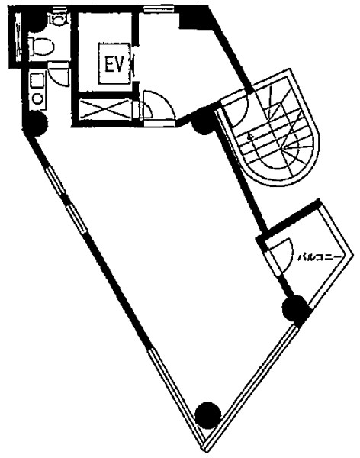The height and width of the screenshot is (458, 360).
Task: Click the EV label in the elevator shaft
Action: coord(114,64)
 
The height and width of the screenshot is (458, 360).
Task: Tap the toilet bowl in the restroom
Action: coord(42,47)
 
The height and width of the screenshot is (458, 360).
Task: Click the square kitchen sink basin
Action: coord(37,80)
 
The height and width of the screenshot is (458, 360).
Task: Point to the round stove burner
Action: coord(37,98)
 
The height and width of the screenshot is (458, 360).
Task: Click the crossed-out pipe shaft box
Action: coord(104,109)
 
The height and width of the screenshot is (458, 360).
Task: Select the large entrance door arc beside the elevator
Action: coord(159,105)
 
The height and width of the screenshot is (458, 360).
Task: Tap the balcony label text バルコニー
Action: coord(320,258)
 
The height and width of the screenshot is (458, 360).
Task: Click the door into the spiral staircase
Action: coord(237,109)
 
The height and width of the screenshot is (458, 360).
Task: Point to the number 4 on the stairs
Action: coord(249,136)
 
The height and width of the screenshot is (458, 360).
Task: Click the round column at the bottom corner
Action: coord(208,415)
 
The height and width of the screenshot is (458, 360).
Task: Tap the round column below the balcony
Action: coord(296,309)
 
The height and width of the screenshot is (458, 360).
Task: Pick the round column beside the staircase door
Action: coord(204,121)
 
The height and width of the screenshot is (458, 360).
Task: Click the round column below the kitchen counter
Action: coord(35,124)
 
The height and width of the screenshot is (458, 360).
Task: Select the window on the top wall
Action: coord(159,9)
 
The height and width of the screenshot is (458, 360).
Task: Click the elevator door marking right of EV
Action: coord(133,65)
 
